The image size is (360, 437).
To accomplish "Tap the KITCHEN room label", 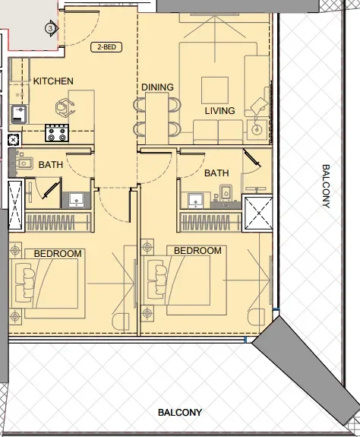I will tap(52, 81).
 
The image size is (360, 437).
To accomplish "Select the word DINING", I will tap(157, 87).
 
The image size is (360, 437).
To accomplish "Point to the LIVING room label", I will tap(219, 111).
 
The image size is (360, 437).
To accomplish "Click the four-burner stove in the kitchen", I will tap(57, 133).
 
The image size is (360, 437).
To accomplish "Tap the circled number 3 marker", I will tap(50, 29).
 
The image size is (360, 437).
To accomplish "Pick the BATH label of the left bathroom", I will tap(51, 164).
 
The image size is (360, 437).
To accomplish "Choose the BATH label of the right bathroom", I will tap(216, 173).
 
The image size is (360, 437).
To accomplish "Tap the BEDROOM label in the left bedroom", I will tap(52, 253).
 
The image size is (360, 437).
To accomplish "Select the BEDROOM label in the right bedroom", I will tap(197, 251).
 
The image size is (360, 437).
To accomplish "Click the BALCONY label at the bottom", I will tap(180, 413).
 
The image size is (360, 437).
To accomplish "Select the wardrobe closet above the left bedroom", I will tap(58, 222).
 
